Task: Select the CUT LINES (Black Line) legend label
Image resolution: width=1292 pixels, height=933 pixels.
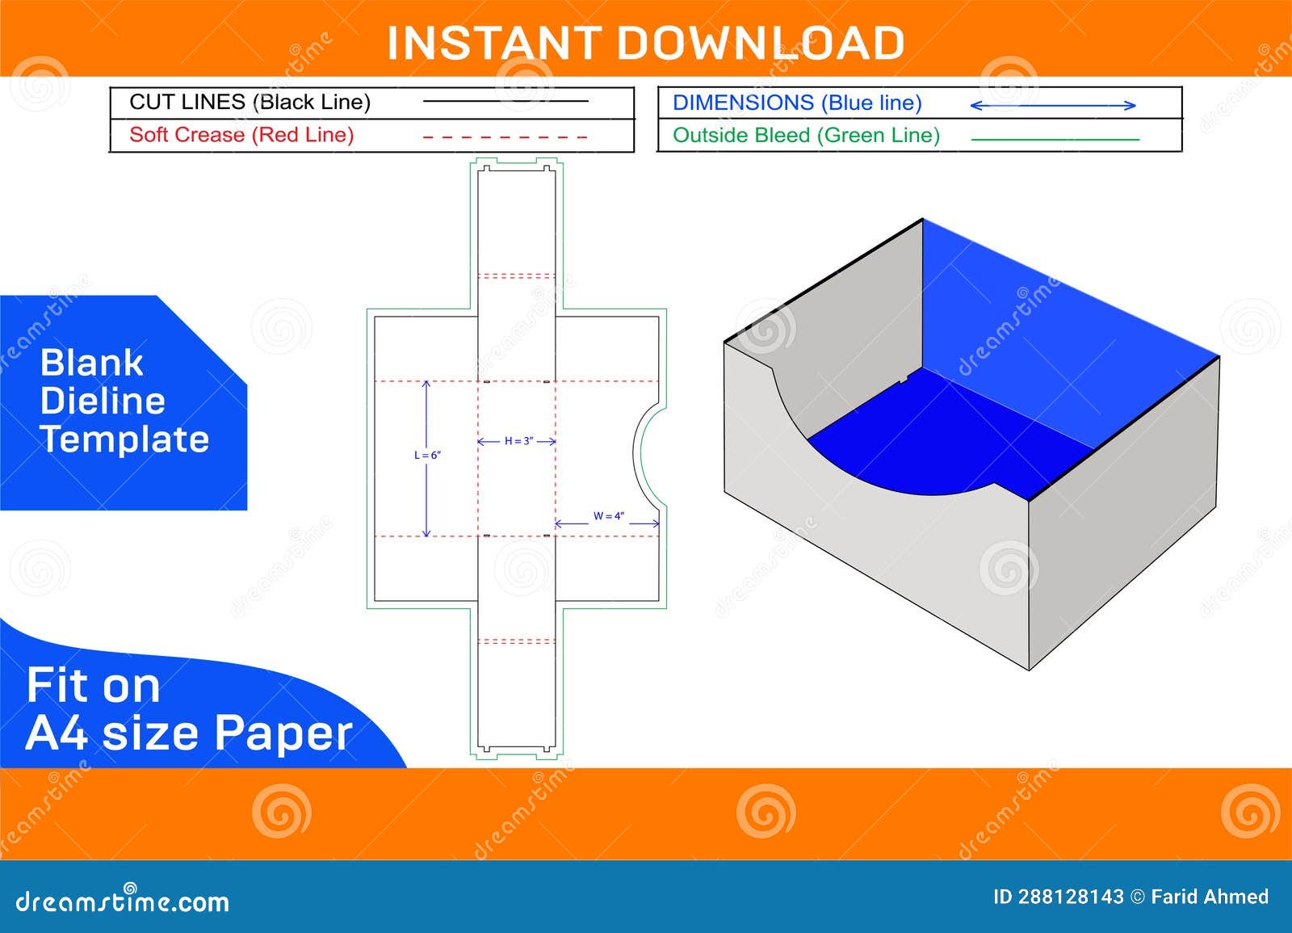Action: [x=250, y=102]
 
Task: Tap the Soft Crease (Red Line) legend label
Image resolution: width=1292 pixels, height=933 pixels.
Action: [x=241, y=134]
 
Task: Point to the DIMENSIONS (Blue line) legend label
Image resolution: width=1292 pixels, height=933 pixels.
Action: [x=797, y=103]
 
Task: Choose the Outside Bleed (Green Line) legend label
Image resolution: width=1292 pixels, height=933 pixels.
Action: [x=806, y=135]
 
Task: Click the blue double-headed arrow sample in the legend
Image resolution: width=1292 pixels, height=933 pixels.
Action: [x=1052, y=105]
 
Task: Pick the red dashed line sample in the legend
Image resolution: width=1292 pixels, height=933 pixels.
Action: [x=505, y=137]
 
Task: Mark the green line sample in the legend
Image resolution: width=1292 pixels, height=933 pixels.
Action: [x=1054, y=139]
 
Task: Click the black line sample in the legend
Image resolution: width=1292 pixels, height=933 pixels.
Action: [x=505, y=101]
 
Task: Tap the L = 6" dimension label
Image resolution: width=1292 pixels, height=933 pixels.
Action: [x=427, y=456]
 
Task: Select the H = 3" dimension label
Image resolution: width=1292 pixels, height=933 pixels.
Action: [x=517, y=441]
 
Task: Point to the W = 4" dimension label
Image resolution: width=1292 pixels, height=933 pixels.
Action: [x=608, y=515]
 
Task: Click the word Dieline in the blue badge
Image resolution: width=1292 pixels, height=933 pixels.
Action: [x=103, y=401]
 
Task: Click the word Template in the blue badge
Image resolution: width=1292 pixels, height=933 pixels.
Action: [x=124, y=439]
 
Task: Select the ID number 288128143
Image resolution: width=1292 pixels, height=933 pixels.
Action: [x=1069, y=897]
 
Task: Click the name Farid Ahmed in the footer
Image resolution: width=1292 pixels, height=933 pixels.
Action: [x=1210, y=897]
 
